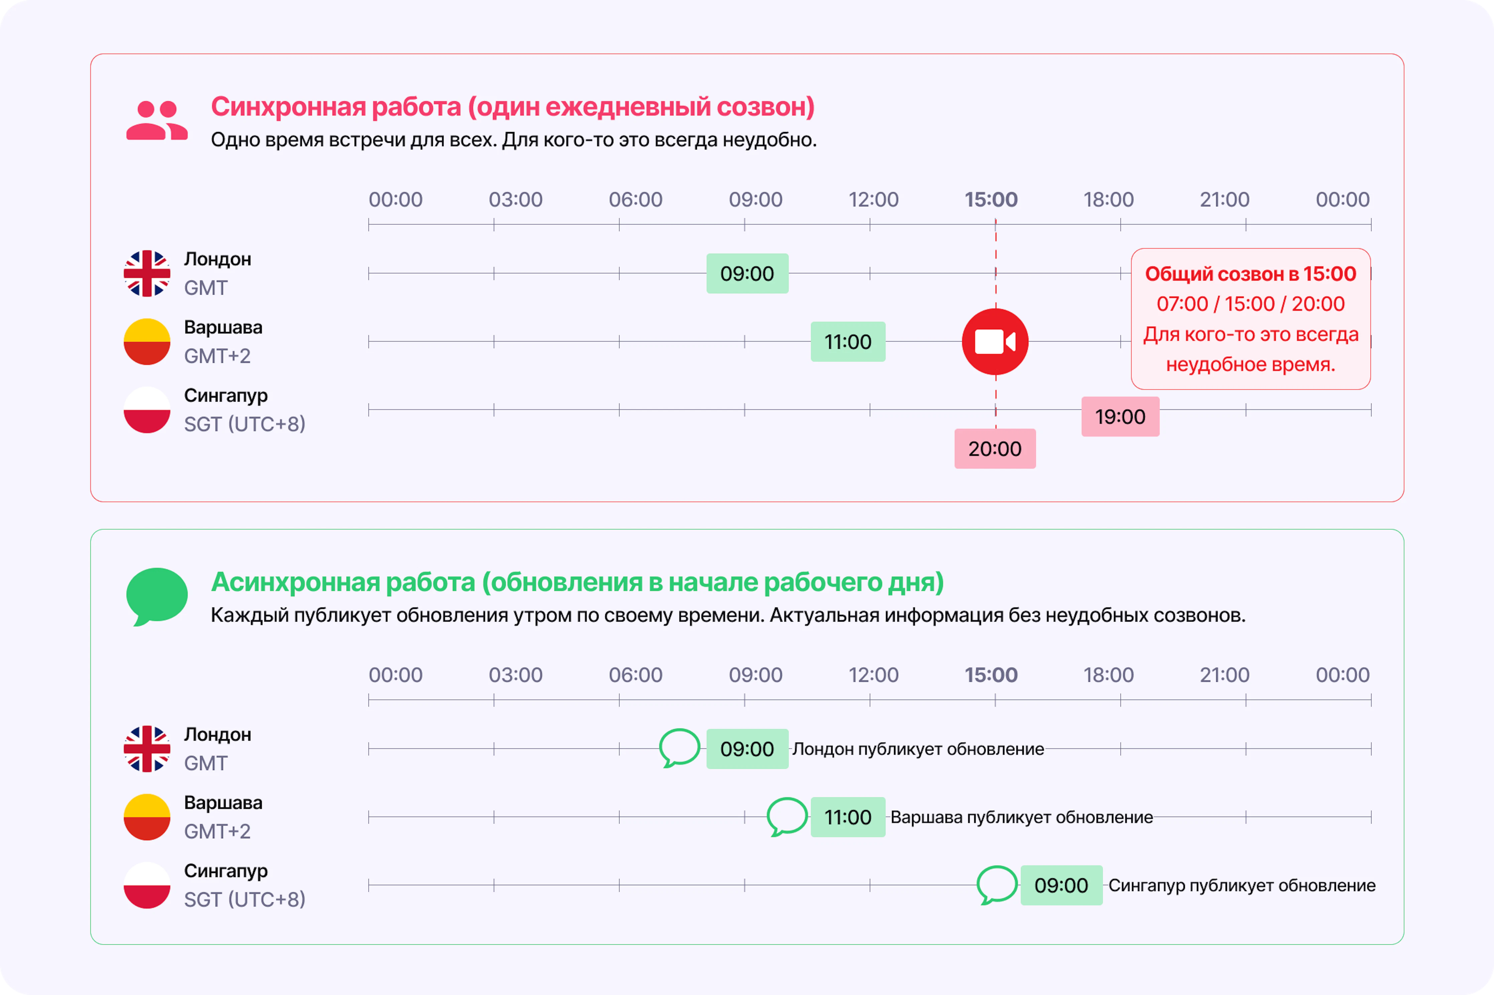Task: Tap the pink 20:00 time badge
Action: click(x=995, y=449)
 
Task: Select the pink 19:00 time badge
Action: click(x=1120, y=416)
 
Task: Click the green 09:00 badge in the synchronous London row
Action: click(x=747, y=273)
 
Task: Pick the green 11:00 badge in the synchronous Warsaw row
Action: click(x=848, y=341)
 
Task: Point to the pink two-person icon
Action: click(x=157, y=120)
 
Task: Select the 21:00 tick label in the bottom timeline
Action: click(x=1224, y=675)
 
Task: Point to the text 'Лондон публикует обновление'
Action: click(x=918, y=749)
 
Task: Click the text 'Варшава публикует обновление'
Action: click(x=1021, y=817)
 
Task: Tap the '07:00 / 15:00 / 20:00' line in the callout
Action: click(x=1250, y=304)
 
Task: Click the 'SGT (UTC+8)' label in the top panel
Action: click(x=245, y=424)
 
